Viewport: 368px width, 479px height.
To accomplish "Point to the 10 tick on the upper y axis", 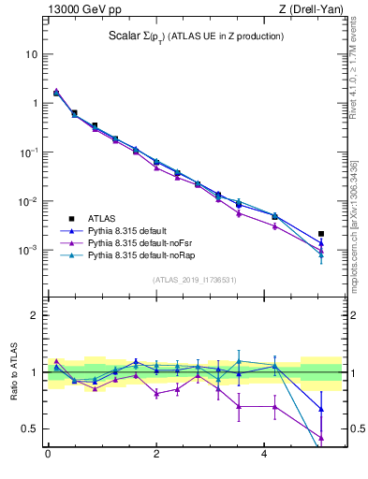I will tap(31, 54).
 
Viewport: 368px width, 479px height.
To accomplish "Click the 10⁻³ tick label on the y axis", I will tap(28, 251).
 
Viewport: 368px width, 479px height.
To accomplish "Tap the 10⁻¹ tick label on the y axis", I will tap(28, 152).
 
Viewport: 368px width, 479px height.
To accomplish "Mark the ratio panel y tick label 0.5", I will tap(30, 428).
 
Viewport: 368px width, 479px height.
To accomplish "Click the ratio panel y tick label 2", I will tap(34, 315).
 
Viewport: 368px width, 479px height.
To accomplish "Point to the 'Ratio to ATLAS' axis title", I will tap(13, 371).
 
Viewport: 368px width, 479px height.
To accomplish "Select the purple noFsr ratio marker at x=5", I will tap(321, 438).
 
